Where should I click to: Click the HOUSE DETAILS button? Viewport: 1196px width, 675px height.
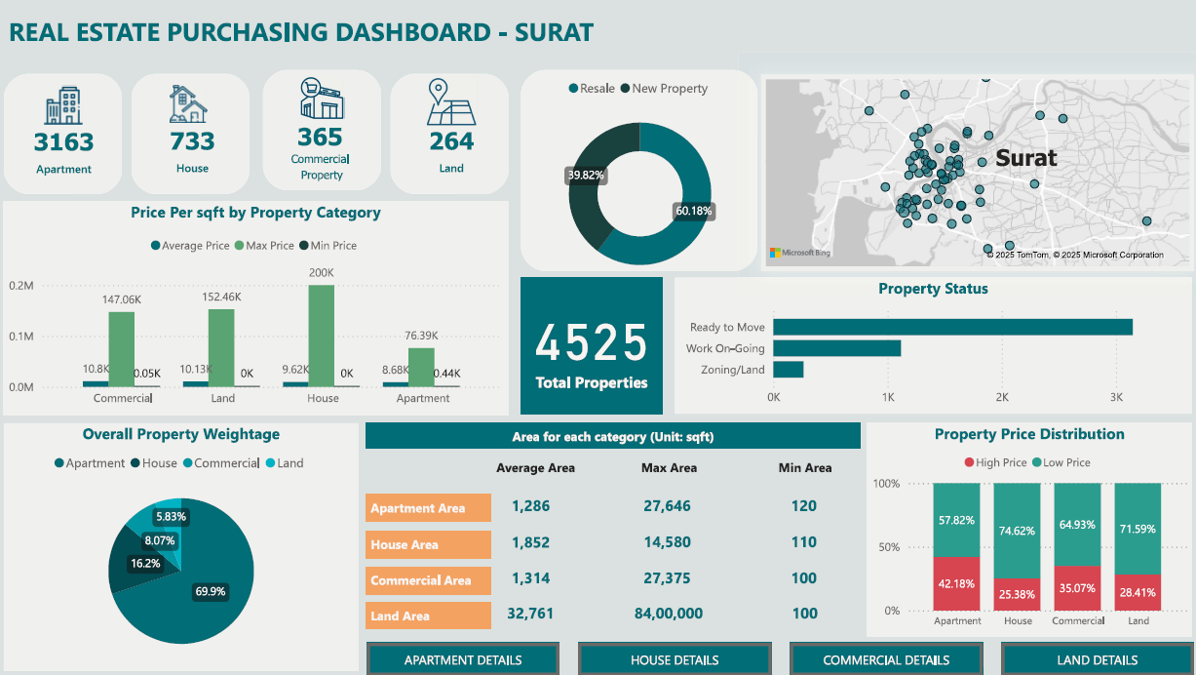675,659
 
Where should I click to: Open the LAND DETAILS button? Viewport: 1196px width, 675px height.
1098,659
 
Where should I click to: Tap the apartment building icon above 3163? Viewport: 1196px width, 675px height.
63,105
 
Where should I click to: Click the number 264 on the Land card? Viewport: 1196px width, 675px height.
451,141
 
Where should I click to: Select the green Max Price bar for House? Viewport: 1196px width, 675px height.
322,336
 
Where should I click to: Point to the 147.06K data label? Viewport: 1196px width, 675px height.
122,299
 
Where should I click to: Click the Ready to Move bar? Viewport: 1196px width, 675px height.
952,327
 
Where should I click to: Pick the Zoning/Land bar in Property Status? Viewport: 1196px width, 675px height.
788,370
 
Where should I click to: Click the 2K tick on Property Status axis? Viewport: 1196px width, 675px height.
1002,398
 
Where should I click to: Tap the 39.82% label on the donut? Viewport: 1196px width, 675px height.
585,176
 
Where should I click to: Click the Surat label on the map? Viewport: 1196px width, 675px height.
1025,158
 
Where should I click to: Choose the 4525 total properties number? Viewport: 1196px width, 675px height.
591,343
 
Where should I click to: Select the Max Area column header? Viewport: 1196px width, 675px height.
669,468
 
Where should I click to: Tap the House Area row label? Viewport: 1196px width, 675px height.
405,544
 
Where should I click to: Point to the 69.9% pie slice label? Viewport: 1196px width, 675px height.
210,591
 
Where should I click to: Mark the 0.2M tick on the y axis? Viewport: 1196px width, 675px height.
20,286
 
